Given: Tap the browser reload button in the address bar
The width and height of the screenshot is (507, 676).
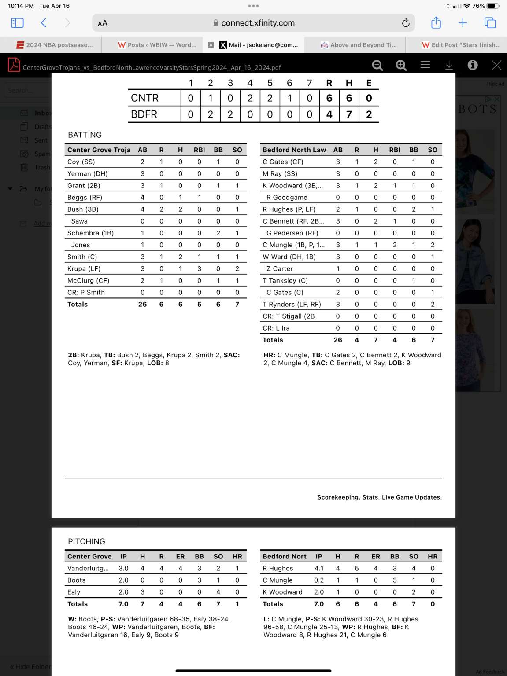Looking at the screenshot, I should pyautogui.click(x=406, y=23).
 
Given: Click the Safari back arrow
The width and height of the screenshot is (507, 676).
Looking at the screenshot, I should pyautogui.click(x=44, y=23).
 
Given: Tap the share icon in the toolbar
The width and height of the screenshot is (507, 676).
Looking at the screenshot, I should pyautogui.click(x=436, y=23).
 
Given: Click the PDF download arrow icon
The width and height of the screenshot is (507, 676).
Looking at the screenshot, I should pyautogui.click(x=449, y=65).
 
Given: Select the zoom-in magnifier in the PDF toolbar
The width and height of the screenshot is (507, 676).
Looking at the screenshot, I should pyautogui.click(x=401, y=65).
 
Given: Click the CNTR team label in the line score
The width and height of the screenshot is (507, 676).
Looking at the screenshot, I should pyautogui.click(x=144, y=98).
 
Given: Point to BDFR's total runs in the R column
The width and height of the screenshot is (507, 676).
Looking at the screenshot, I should pyautogui.click(x=329, y=114).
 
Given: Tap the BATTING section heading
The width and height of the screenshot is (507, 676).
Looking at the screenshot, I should pyautogui.click(x=85, y=135).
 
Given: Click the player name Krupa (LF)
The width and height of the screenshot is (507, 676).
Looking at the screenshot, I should pyautogui.click(x=84, y=269).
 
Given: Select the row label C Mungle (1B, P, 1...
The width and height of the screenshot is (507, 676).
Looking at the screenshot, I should pyautogui.click(x=293, y=245).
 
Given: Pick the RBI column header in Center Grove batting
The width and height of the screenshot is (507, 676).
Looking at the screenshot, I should pyautogui.click(x=199, y=150).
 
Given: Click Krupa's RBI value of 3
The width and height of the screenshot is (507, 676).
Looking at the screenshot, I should pyautogui.click(x=199, y=269).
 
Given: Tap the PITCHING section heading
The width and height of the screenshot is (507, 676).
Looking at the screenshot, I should pyautogui.click(x=86, y=542).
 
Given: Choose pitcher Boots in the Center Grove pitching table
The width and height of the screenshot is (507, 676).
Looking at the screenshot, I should pyautogui.click(x=76, y=580).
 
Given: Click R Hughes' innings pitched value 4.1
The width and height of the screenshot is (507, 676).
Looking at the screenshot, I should pyautogui.click(x=319, y=569).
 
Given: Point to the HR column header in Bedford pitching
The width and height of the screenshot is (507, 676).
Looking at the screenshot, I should pyautogui.click(x=433, y=557).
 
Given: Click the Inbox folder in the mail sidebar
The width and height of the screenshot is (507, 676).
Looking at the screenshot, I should pyautogui.click(x=43, y=113).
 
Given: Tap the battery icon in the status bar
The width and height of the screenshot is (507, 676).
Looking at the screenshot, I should pyautogui.click(x=493, y=6).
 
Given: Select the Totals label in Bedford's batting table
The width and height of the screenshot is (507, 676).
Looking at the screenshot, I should pyautogui.click(x=273, y=340).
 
